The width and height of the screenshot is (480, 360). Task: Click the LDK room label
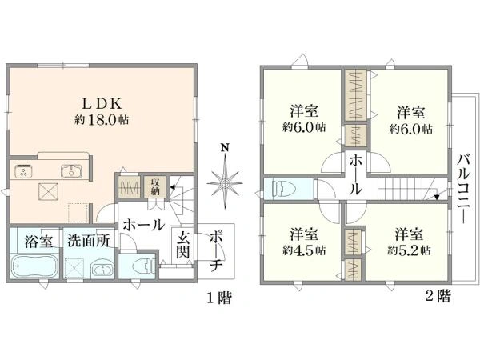point(102,103)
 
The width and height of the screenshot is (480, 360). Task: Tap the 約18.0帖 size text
point(102,120)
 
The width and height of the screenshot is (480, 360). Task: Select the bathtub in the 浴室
point(34,266)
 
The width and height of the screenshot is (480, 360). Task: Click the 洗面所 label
point(89,241)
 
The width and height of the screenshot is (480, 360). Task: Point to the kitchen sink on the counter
point(71,171)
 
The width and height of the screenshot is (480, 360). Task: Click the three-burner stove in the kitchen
point(23,171)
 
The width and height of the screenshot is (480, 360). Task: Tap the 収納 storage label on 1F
point(155,186)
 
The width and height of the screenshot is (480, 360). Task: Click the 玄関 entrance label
point(182,245)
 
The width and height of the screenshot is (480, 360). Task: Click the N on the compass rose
point(225,148)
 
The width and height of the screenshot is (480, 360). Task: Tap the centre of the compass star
point(225,183)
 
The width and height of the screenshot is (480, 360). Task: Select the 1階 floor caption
point(219,298)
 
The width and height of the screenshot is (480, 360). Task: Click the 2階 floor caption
point(438,296)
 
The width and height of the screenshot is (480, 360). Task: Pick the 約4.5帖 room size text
point(304,251)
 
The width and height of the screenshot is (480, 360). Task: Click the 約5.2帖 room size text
point(409,251)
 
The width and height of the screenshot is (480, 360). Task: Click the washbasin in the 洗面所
point(102,270)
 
